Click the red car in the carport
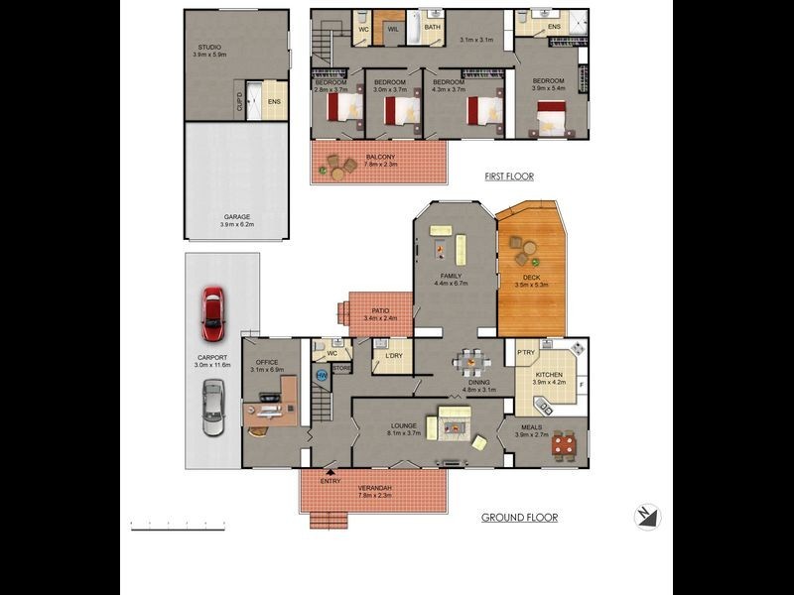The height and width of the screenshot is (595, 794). tap(211, 307)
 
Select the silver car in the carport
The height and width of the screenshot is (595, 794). tap(211, 407)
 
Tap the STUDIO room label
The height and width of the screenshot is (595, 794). tap(208, 47)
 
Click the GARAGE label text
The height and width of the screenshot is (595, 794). tap(236, 216)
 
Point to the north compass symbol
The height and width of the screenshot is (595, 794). tap(648, 517)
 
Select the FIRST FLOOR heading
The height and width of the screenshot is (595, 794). tap(509, 177)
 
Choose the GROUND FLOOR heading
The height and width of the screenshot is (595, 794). tap(519, 517)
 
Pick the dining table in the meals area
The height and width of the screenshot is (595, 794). tap(563, 445)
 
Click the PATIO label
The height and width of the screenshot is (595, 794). tap(380, 310)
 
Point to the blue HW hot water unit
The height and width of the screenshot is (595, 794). tap(321, 376)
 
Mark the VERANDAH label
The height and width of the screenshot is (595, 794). tap(374, 489)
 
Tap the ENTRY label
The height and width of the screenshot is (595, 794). tap(331, 481)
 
